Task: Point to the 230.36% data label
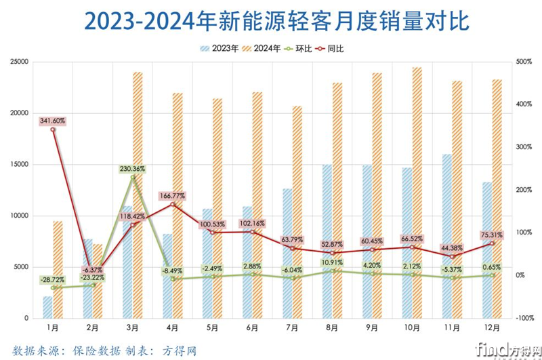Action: [133, 169]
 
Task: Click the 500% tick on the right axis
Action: [523, 62]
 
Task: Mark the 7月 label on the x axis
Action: [292, 327]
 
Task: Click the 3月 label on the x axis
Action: [133, 327]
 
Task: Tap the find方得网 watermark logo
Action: [503, 348]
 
